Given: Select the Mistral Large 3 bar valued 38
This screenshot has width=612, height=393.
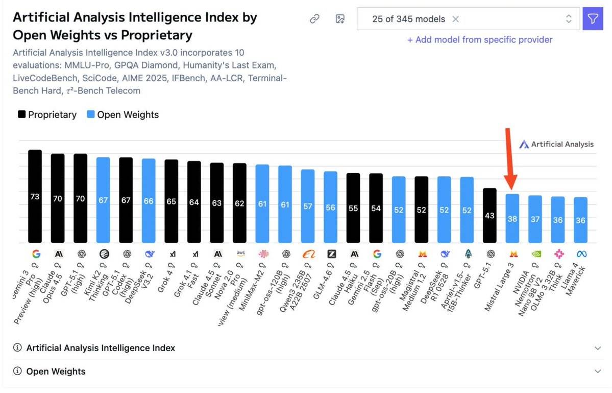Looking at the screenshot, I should point(512,218).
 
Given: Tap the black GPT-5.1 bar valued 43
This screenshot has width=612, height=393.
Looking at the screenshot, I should point(489,215).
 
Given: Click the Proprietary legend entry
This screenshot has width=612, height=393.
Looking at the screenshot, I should point(47,114).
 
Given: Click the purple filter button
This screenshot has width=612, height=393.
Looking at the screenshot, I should point(592,19).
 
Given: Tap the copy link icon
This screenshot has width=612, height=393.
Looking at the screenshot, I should point(315,19).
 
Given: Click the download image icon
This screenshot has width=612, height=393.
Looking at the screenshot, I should point(340,19).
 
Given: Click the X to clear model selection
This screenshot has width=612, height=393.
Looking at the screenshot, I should point(456,19).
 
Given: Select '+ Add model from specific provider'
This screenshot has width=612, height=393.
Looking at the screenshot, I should point(479,40).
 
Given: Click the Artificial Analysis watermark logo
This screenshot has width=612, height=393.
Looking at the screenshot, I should point(556,144).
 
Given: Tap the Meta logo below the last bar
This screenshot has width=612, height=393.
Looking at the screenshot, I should point(580,254).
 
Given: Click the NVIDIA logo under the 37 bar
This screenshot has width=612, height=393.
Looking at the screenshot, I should point(535,254).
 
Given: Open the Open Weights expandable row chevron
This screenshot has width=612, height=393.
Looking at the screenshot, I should point(598,372).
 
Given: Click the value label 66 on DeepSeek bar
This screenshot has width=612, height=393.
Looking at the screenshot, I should point(149,201).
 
